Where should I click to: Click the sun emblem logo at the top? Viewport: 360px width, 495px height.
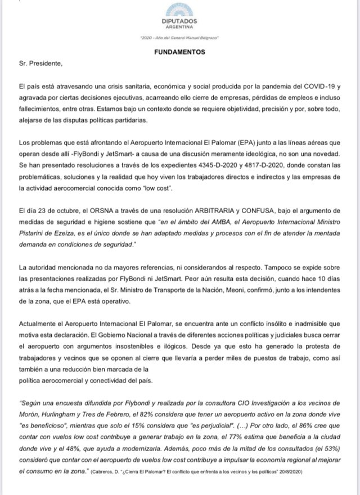[180, 10]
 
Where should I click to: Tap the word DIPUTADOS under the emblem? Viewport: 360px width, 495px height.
[180, 21]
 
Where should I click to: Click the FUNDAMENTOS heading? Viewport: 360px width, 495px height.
[180, 52]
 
